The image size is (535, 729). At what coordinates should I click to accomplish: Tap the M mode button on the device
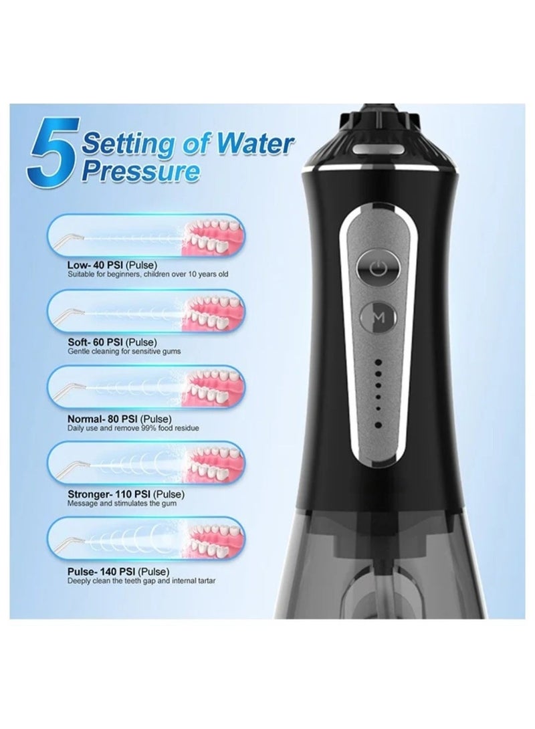(379, 317)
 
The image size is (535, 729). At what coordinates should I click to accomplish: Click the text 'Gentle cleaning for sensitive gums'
(124, 351)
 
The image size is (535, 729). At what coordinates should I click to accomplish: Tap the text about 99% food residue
(133, 428)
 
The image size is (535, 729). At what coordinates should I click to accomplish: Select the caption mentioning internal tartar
(141, 581)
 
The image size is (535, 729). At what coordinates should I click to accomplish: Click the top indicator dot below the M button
(379, 361)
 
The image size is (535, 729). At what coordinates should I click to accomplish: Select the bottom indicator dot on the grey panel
(379, 424)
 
